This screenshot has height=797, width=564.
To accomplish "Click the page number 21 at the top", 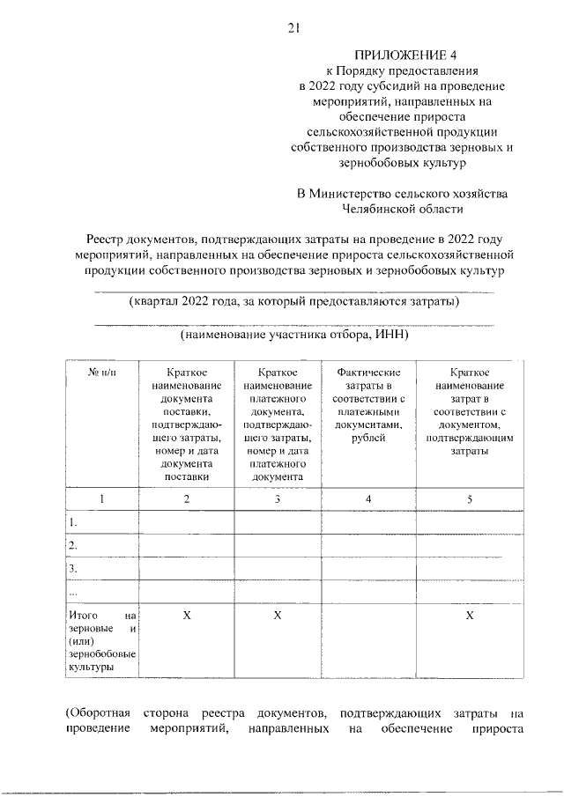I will pyautogui.click(x=293, y=28).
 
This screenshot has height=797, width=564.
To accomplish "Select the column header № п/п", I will pyautogui.click(x=101, y=373).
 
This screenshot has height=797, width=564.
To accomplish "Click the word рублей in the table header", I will pyautogui.click(x=368, y=424).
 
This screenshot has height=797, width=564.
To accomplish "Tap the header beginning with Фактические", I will pyautogui.click(x=368, y=373).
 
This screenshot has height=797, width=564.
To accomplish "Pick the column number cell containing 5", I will pyautogui.click(x=469, y=499).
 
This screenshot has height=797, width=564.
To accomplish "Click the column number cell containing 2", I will pyautogui.click(x=186, y=499).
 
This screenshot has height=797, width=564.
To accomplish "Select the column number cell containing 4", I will pyautogui.click(x=368, y=499).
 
